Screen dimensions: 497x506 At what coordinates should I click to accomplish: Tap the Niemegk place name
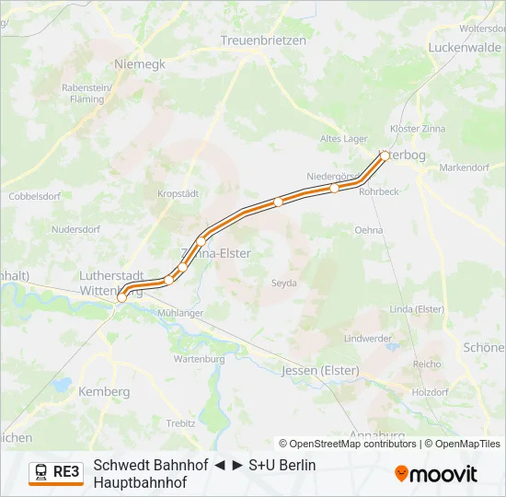140,64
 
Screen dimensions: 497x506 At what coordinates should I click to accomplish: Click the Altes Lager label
343,139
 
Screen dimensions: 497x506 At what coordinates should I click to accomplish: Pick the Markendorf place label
465,168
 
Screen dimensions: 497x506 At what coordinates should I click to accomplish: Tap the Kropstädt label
178,194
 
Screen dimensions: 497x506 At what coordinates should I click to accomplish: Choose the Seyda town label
283,283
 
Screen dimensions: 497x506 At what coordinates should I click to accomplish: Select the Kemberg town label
105,391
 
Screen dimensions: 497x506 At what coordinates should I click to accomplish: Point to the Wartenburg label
199,359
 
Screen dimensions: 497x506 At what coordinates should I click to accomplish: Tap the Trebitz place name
180,422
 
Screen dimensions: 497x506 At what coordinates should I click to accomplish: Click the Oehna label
368,230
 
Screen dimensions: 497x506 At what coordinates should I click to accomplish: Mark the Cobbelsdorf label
33,196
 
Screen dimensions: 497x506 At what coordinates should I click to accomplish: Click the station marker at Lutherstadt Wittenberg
121,297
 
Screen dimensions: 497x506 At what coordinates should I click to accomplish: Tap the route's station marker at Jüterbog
385,156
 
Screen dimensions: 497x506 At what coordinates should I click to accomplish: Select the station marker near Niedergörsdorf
334,188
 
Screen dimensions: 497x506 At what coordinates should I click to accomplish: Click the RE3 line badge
56,472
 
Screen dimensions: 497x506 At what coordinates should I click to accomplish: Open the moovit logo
436,474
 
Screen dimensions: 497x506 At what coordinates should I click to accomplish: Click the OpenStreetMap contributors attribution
350,444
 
